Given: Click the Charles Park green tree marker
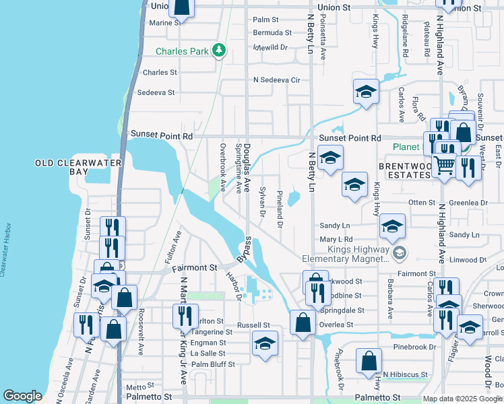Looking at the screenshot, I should (x=218, y=50).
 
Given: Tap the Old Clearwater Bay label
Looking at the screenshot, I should (x=78, y=167).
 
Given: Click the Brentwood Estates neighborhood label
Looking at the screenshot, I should (x=404, y=170).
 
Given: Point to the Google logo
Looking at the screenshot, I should (x=22, y=396).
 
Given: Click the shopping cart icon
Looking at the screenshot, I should (x=443, y=164).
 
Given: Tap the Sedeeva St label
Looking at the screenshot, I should (x=156, y=93).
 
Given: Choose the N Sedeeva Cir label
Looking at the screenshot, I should (x=276, y=79).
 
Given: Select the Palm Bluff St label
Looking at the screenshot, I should (x=213, y=364).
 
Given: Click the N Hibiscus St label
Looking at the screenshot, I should (x=406, y=374).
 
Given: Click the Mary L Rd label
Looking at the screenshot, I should (x=337, y=239).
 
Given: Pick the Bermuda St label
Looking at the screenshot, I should (x=272, y=32).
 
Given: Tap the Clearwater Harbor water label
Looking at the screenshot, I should (x=5, y=250).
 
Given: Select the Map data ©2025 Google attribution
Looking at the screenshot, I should (x=462, y=399).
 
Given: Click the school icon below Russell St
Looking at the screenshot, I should (x=265, y=344).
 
